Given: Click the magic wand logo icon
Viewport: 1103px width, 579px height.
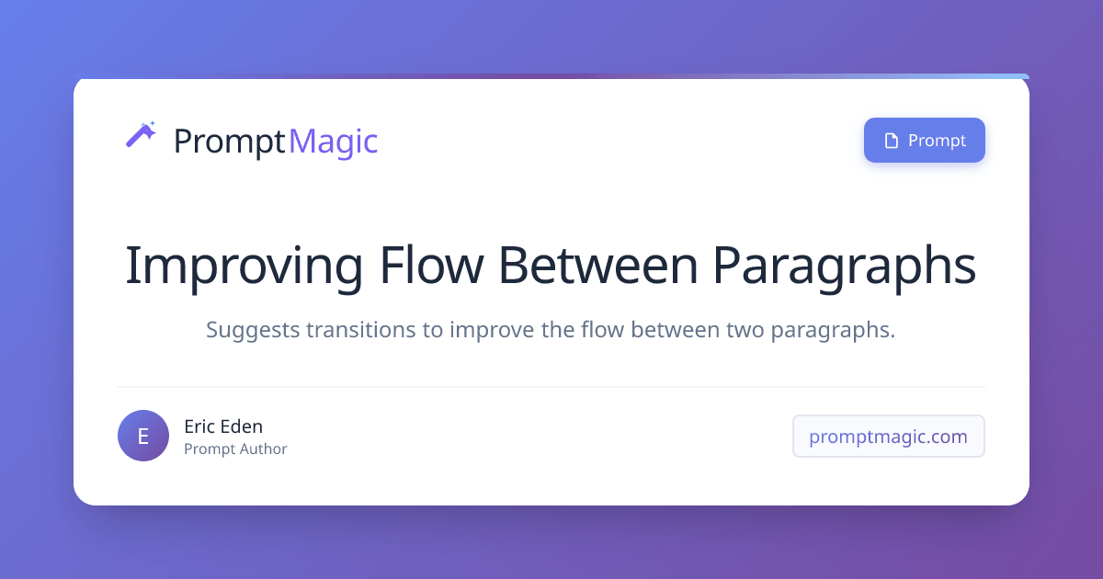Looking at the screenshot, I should (x=141, y=135).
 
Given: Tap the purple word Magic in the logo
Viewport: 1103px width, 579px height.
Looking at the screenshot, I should (x=333, y=142).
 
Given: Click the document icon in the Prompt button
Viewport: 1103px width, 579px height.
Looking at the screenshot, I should (x=890, y=141).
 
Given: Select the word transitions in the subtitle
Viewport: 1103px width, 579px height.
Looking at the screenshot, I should (x=361, y=331).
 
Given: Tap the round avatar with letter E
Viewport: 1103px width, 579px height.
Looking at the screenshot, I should (x=143, y=436).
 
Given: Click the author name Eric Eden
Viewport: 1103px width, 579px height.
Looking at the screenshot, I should (x=223, y=426).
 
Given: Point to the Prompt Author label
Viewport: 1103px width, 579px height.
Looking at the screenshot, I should (x=235, y=449).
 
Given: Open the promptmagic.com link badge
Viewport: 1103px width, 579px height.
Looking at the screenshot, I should (x=888, y=437).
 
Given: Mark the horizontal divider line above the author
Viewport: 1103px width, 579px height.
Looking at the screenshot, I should (x=551, y=387).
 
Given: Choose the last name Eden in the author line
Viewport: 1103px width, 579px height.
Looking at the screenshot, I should (x=242, y=426).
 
